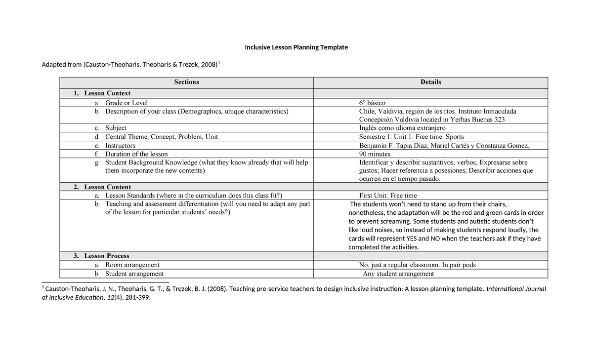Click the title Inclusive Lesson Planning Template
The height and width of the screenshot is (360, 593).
point(296,47)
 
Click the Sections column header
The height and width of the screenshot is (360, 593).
point(186,82)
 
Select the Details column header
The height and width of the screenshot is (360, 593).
point(430,82)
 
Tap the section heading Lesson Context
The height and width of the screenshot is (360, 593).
point(107,93)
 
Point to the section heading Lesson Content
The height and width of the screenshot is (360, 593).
point(107,187)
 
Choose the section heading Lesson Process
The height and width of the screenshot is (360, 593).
point(106,256)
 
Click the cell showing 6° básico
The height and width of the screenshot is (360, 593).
point(372,103)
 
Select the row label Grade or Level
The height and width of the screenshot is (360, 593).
point(126,103)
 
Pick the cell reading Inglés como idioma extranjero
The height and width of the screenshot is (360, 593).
point(402,128)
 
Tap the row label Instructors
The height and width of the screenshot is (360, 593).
point(120,146)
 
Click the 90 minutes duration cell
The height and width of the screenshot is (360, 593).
point(375,154)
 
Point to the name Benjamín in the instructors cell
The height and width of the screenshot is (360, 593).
point(373,146)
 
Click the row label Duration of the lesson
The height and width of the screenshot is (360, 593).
point(136,154)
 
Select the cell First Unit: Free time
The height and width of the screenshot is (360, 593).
point(388,196)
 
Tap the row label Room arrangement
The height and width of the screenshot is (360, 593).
point(132,265)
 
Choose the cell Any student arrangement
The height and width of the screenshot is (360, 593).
point(398,274)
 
